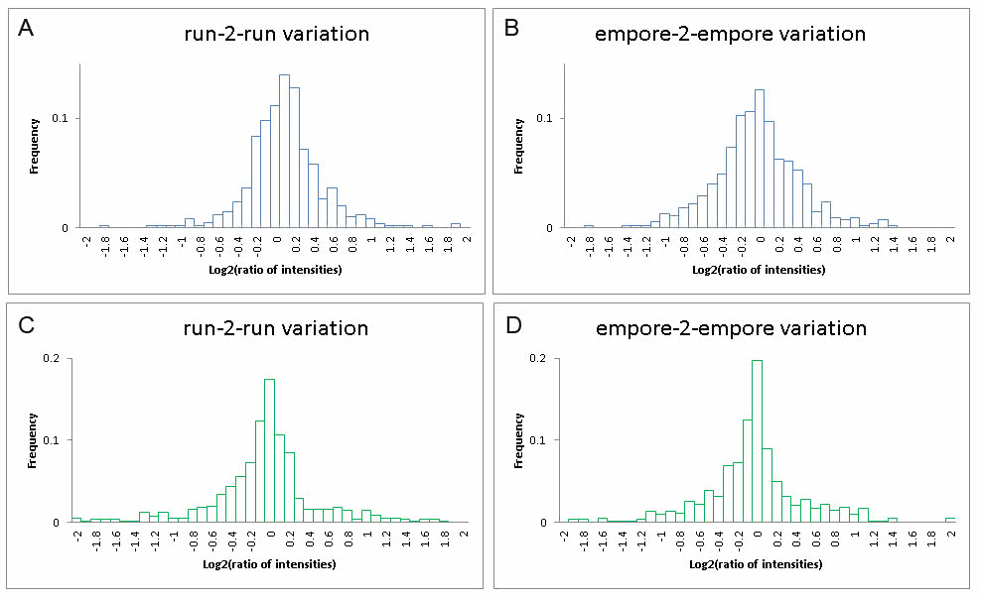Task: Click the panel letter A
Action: pyautogui.click(x=29, y=28)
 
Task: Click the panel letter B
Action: pyautogui.click(x=513, y=28)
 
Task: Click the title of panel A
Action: pyautogui.click(x=276, y=34)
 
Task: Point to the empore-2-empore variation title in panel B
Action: pyautogui.click(x=730, y=34)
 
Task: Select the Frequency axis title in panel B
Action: pyautogui.click(x=518, y=145)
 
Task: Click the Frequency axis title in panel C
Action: pyautogui.click(x=34, y=439)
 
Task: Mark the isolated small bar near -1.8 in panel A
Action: pyautogui.click(x=104, y=227)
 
